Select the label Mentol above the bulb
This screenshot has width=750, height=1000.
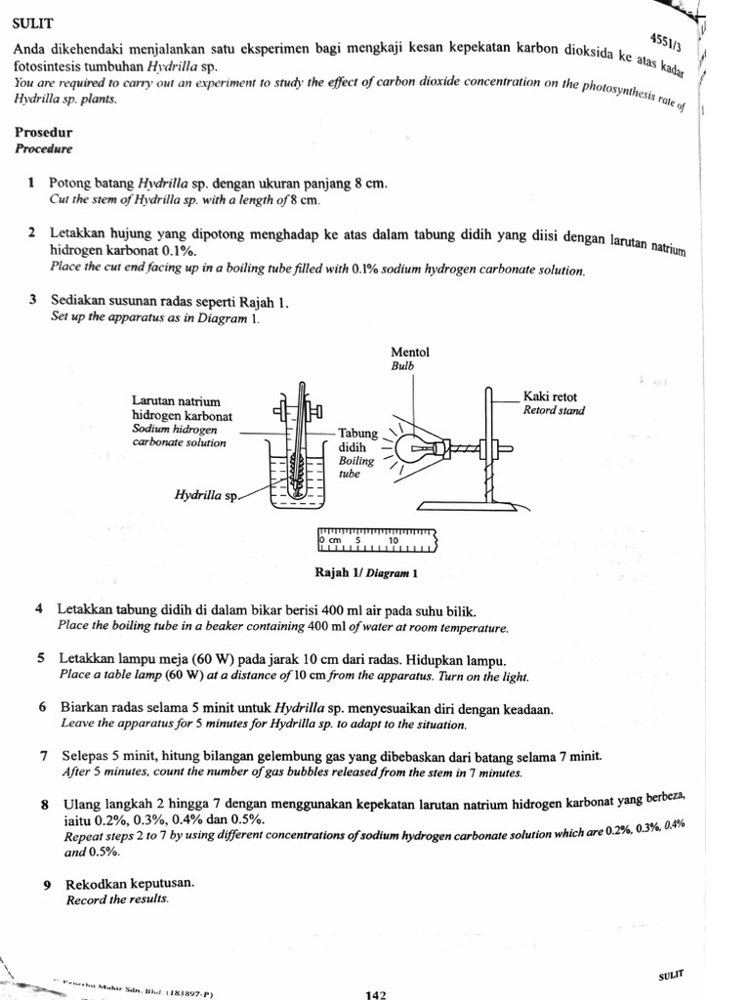point(409,353)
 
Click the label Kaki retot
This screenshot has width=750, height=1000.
point(550,396)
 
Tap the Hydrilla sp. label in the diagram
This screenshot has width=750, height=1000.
point(206,495)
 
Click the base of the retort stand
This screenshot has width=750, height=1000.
point(468,504)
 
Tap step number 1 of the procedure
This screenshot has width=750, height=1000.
point(32,183)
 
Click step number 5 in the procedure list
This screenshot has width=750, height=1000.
point(42,658)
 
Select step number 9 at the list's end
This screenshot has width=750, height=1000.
point(47,884)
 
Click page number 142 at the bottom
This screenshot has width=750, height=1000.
point(376,994)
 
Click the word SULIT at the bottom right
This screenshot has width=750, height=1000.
point(672,975)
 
